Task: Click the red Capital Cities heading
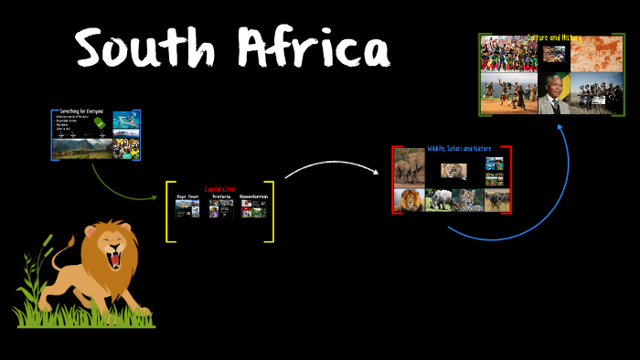pos(219,189)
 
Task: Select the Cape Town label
pos(188,196)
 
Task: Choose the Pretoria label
pos(220,196)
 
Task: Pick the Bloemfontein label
pos(252,196)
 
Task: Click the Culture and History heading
pos(554,37)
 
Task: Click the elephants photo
pos(409,168)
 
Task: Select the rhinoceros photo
pos(439,200)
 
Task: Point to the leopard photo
pos(470,200)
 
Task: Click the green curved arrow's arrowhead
pos(155,196)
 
